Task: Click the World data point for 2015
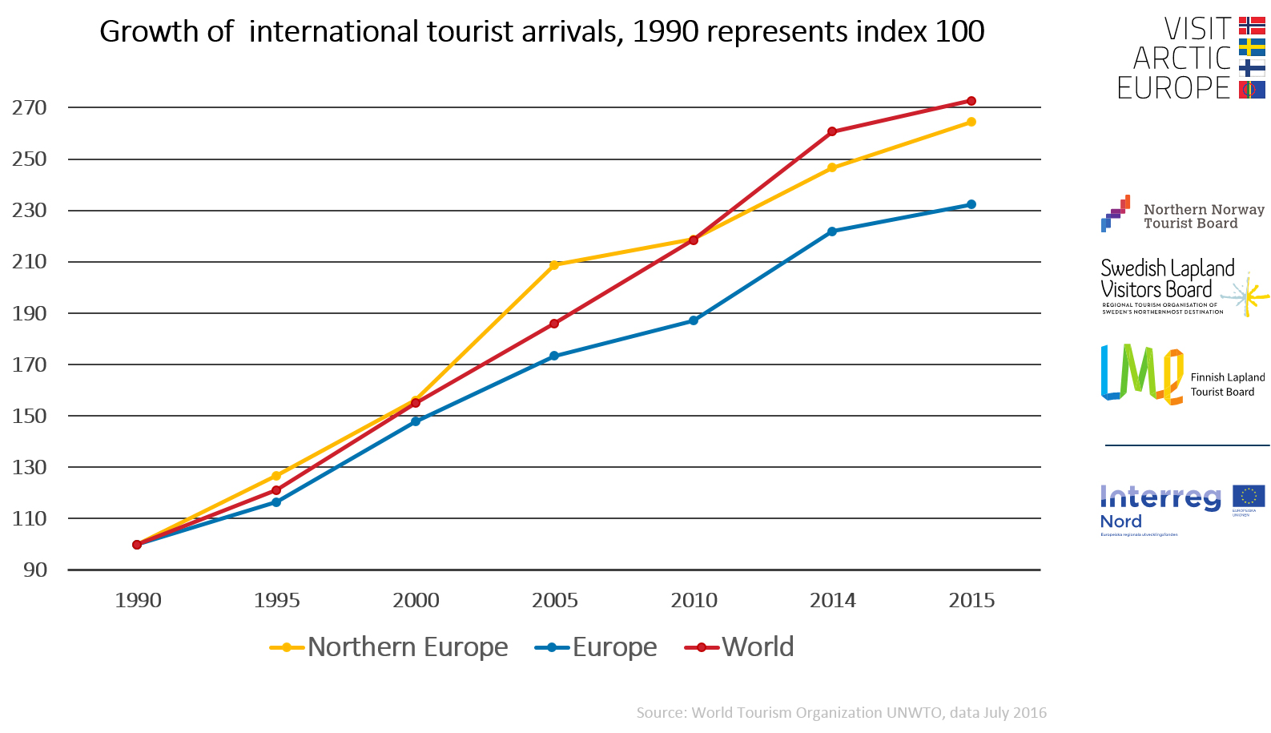coord(971,101)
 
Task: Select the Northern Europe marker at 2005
coord(554,265)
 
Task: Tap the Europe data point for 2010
coord(694,320)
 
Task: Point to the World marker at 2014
coord(832,131)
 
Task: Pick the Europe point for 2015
coord(971,204)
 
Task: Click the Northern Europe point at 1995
coord(276,476)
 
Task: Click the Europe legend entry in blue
coord(597,647)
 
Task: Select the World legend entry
coord(740,647)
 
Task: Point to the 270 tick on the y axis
coord(30,107)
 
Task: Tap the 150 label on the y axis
coord(30,416)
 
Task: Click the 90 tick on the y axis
coord(35,570)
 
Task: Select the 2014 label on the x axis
coord(833,600)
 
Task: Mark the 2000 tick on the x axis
coord(416,600)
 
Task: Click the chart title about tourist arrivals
coord(541,32)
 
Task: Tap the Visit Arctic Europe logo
coord(1190,58)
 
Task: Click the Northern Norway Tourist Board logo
coord(1182,215)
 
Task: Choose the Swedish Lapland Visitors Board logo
coord(1182,288)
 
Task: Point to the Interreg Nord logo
coord(1182,509)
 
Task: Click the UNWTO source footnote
coord(841,712)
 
